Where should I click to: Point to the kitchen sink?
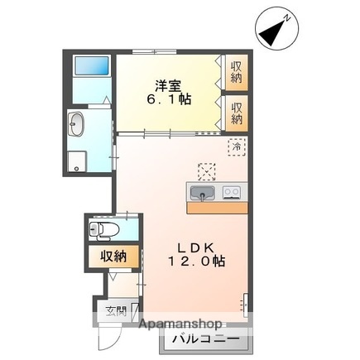coord(201,194)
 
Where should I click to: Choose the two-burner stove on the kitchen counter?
coord(231,194)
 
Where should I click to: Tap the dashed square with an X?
coord(206,171)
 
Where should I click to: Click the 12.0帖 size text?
coord(196,262)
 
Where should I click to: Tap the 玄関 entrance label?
coord(115,312)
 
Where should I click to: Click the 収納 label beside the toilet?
coord(113,256)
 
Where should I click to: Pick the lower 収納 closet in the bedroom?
coord(237,113)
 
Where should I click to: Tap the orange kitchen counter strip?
coord(217,208)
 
